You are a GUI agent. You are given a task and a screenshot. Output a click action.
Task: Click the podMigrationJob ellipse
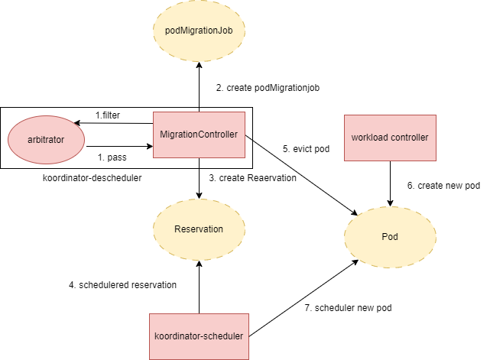(199, 31)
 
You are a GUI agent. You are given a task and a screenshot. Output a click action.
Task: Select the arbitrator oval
(47, 140)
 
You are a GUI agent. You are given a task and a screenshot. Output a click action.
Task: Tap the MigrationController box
(199, 135)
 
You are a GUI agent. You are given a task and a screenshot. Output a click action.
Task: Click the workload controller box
(390, 138)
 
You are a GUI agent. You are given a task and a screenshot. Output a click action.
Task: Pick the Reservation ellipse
(199, 229)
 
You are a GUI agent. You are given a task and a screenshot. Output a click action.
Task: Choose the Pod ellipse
(390, 236)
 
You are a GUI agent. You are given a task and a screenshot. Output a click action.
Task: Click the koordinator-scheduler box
(199, 336)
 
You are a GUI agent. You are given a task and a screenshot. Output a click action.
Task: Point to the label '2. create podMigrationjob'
(267, 88)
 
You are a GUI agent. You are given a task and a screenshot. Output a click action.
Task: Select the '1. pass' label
(112, 157)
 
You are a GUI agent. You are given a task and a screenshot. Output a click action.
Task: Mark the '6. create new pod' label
(443, 186)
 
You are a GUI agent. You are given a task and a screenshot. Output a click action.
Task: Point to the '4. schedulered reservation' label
(122, 284)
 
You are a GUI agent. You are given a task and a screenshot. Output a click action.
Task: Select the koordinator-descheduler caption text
(92, 177)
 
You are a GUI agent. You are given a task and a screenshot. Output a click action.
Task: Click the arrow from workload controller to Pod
(390, 183)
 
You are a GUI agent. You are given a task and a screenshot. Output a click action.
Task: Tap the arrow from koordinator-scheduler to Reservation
(199, 287)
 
